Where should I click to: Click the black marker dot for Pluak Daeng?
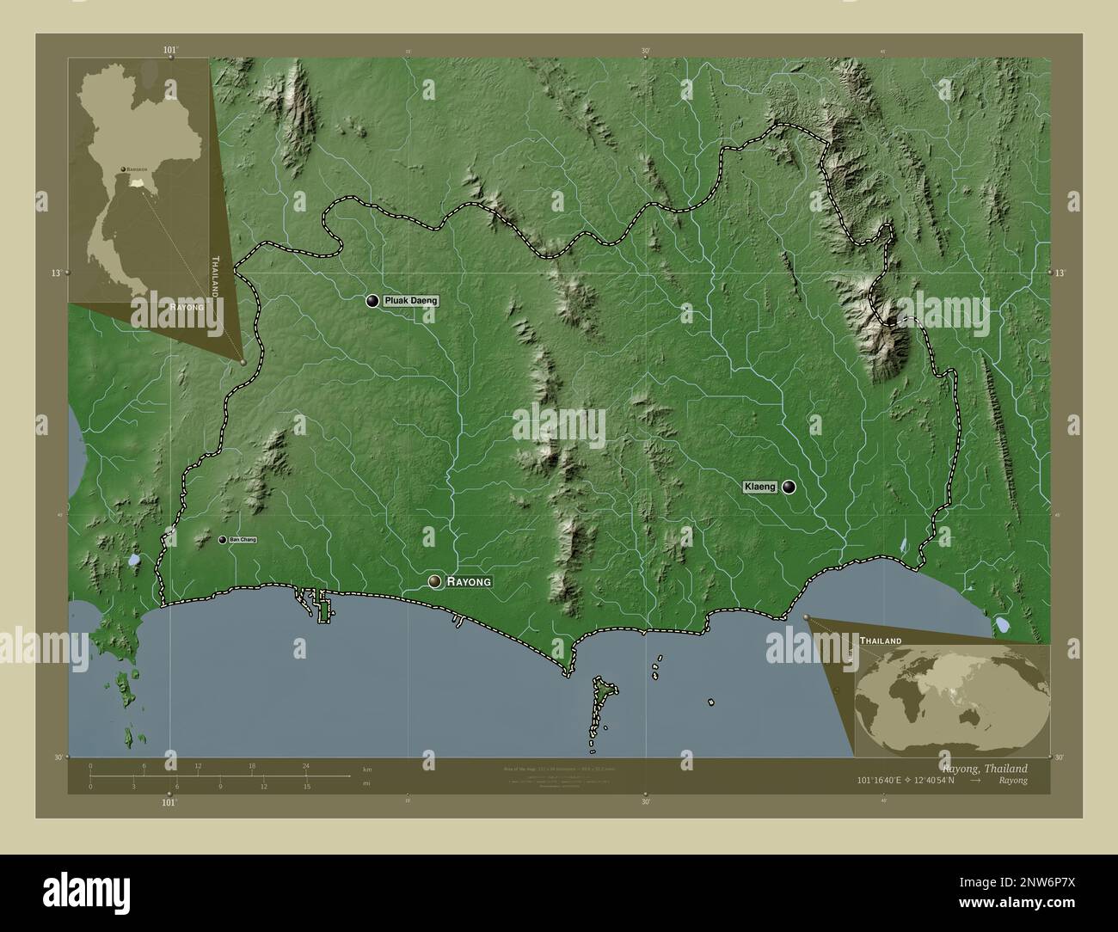click(372, 301)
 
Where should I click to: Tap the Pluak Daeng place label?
click(411, 301)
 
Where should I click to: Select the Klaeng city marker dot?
click(789, 487)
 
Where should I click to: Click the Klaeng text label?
click(760, 487)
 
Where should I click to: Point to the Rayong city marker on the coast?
click(435, 582)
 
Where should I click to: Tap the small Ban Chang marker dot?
click(223, 540)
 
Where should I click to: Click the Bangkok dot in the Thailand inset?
click(123, 169)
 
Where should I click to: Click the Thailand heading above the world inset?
click(879, 641)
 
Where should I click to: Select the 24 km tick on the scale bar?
click(306, 765)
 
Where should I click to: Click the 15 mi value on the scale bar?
click(306, 786)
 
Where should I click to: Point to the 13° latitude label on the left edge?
click(55, 273)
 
